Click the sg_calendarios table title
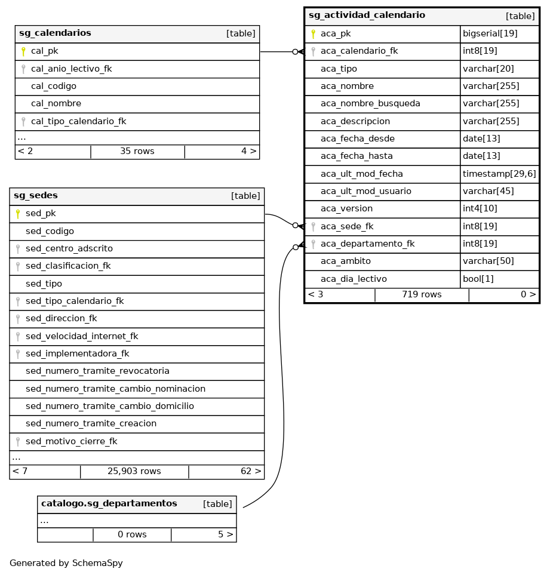[x=55, y=33]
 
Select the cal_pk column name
[x=45, y=51]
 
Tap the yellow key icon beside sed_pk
[x=18, y=214]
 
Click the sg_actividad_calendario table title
[x=367, y=16]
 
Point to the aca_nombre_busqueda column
[x=370, y=104]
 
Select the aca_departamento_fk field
[x=367, y=244]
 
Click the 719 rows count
[x=422, y=294]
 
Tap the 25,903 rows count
[x=134, y=472]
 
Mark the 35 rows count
[x=137, y=152]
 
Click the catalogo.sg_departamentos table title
[x=109, y=504]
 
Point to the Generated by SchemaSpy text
[x=66, y=563]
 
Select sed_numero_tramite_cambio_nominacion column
[x=115, y=389]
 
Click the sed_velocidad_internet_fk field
[x=82, y=336]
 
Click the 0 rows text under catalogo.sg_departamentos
[x=132, y=534]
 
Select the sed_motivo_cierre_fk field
[x=71, y=441]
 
